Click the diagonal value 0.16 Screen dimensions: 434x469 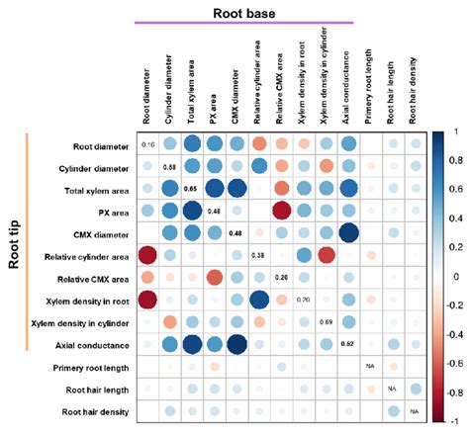click(148, 145)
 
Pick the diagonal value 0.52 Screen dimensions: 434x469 click(348, 344)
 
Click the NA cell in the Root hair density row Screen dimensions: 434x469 click(415, 410)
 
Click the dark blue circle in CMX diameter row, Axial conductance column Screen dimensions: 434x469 click(348, 233)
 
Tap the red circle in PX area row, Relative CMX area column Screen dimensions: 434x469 click(281, 212)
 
